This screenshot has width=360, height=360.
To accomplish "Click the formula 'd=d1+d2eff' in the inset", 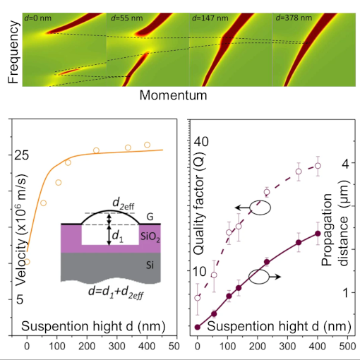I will (110, 291).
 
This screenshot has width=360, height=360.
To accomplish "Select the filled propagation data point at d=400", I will (318, 233).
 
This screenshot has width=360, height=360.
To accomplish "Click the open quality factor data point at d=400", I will (318, 166).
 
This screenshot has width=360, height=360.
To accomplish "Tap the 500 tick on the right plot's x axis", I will (347, 347).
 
